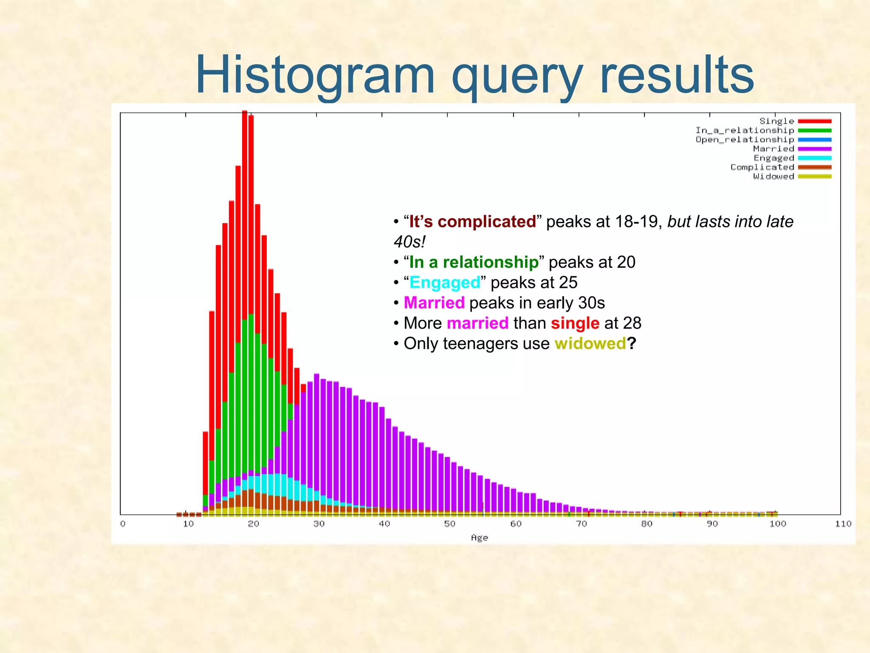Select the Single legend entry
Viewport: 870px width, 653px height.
[x=777, y=121]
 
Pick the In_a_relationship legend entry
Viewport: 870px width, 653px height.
[x=744, y=131]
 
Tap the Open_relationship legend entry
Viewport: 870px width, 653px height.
[x=744, y=139]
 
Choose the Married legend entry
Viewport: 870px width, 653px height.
[x=773, y=149]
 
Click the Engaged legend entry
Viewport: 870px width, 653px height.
[x=774, y=158]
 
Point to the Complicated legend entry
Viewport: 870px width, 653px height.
[x=762, y=167]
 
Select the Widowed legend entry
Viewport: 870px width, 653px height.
[x=773, y=176]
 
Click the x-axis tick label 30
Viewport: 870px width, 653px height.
[x=319, y=524]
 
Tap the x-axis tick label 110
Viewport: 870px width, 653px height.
[x=843, y=524]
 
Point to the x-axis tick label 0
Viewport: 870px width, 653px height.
[x=123, y=524]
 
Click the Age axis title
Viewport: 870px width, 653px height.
[x=479, y=538]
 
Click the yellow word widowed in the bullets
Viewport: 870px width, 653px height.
[x=590, y=344]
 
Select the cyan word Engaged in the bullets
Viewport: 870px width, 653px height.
[x=444, y=283]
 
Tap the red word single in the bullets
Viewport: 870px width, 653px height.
[x=575, y=323]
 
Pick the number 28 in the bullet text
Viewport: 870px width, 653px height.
[x=632, y=323]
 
